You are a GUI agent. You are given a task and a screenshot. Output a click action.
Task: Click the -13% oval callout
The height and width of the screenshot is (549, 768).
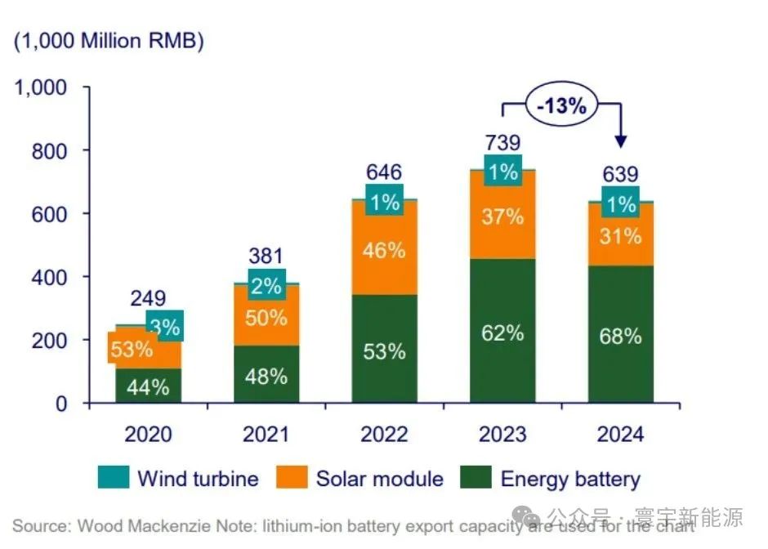point(561,105)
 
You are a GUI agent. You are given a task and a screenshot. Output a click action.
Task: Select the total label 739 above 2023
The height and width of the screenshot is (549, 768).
point(502,142)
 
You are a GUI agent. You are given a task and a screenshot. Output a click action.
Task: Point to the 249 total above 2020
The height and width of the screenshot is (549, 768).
point(147,298)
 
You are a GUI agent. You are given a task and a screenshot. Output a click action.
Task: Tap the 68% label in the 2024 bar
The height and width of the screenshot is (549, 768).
point(620,336)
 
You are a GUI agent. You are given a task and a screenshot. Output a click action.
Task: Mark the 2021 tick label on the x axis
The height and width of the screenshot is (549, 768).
point(266,433)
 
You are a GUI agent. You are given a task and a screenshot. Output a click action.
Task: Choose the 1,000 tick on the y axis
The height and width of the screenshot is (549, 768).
point(42,87)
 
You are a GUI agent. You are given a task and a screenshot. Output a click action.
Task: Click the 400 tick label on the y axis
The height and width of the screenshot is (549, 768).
point(50,277)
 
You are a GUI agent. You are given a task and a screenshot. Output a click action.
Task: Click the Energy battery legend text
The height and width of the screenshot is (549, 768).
point(570,479)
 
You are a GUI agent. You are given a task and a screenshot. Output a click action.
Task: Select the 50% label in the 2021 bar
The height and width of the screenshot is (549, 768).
point(266,317)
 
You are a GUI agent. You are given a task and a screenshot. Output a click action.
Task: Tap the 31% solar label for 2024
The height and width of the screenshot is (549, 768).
point(620,237)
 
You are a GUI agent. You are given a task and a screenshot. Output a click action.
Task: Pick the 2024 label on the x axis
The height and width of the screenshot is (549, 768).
point(619,433)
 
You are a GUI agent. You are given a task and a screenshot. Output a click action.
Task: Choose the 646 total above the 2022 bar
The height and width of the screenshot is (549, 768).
point(383,172)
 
